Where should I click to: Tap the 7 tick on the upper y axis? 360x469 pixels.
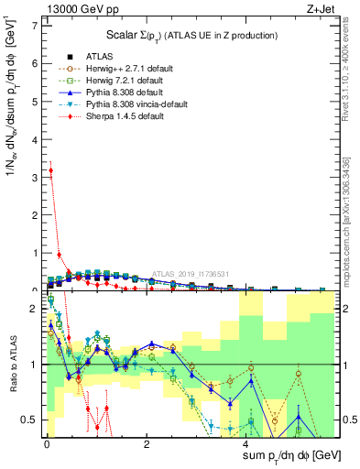point(36,25)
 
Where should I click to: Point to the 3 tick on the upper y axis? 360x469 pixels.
point(36,177)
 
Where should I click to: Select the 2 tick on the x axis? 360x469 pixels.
point(147,443)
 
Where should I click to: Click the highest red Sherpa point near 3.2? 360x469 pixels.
point(51,169)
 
